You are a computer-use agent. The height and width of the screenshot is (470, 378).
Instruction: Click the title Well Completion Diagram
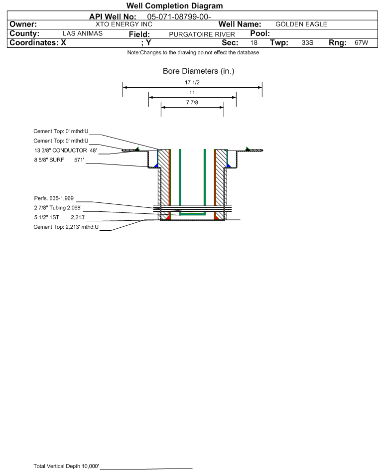(175, 5)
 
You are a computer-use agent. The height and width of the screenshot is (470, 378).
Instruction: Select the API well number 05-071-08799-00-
(179, 17)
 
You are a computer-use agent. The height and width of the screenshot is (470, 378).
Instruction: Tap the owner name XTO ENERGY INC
(124, 24)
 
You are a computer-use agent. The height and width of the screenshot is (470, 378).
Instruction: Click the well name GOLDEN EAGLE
(301, 24)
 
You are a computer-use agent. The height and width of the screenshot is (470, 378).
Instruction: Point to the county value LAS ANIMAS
(83, 33)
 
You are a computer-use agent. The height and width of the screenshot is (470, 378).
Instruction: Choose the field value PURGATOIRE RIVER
(202, 34)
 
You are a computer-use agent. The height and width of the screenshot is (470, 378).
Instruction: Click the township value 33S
(307, 42)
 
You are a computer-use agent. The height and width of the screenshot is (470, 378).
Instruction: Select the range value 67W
(361, 42)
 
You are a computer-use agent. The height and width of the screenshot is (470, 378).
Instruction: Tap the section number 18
(253, 42)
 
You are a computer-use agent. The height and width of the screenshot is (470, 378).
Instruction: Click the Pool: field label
(260, 33)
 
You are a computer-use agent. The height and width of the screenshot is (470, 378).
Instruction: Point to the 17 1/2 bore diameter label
(192, 82)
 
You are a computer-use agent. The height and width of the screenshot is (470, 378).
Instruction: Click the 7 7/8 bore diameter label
(192, 103)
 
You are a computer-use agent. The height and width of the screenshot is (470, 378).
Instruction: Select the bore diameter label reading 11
(192, 93)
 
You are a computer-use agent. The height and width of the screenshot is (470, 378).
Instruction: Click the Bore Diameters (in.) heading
(199, 71)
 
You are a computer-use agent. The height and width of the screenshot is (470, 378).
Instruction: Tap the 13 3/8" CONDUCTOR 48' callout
(66, 151)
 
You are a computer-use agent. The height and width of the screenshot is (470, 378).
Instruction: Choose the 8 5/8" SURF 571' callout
(59, 160)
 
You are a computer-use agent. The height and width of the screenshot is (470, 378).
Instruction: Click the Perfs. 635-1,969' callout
(54, 198)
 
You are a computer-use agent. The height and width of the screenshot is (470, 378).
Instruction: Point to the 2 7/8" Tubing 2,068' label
(58, 208)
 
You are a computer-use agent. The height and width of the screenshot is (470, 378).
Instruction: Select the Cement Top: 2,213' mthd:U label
(66, 227)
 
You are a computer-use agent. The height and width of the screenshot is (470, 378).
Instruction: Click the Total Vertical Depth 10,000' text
(66, 466)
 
